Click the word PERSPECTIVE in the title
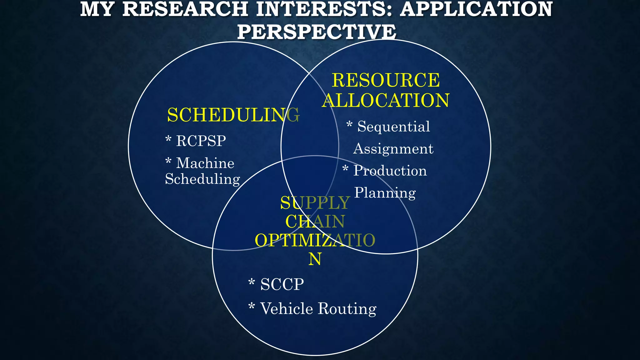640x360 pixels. coord(317,32)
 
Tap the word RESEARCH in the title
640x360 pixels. coord(185,9)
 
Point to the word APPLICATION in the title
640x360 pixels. coord(476,9)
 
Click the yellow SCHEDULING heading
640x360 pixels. coord(233,115)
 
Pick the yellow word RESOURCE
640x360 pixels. coord(386,80)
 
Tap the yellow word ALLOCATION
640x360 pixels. coord(386,101)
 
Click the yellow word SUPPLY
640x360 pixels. coord(315,203)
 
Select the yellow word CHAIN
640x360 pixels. coord(315,222)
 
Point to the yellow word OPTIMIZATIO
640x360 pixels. coord(315,240)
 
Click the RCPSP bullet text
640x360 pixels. coord(201,141)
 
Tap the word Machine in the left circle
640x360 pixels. coord(205,163)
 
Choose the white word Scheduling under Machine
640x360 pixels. coord(202,179)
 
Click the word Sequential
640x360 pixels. coord(393,127)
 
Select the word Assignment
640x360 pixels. coord(393,149)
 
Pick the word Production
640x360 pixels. coord(390,171)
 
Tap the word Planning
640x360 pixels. coord(385,193)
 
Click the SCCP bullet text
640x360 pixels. coord(282,284)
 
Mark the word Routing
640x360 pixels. coord(347,309)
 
